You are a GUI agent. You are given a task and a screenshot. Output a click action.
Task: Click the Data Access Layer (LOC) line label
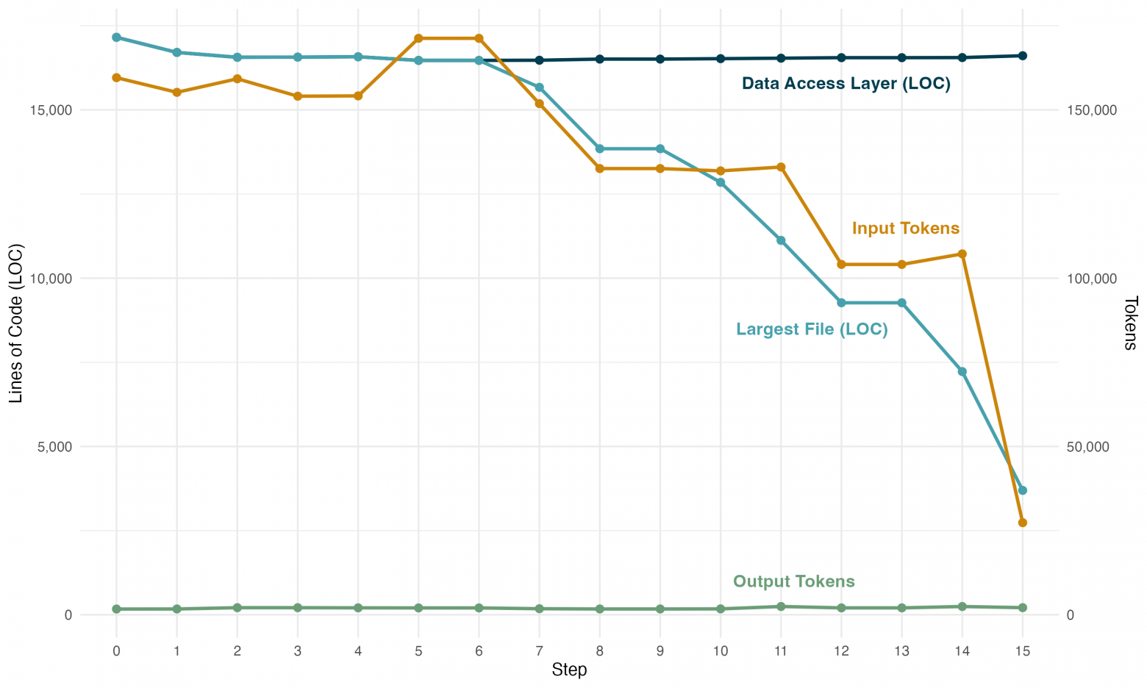point(846,84)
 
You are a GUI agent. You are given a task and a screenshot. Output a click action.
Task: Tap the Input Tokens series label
point(905,228)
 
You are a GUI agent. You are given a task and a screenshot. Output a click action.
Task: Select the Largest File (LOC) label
point(812,329)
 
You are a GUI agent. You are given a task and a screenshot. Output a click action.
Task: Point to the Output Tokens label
point(793,581)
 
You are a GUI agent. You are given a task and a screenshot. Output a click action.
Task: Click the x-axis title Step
point(569,669)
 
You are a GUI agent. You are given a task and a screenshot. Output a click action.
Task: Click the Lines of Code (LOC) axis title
point(16,323)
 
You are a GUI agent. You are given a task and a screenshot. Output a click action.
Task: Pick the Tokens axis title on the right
point(1130,323)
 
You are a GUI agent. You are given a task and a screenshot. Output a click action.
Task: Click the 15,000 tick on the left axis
point(50,110)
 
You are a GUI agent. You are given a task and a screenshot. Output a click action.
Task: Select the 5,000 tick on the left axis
point(54,447)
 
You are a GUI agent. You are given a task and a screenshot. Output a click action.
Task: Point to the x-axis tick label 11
point(780,651)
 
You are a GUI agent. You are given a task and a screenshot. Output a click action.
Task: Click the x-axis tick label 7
point(539,651)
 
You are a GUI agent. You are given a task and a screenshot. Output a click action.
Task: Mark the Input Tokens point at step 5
point(418,38)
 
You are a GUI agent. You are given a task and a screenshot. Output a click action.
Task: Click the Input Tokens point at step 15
point(1022,523)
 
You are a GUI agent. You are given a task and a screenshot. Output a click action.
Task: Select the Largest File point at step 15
point(1022,490)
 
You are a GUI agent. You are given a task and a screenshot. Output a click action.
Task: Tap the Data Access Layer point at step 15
point(1022,56)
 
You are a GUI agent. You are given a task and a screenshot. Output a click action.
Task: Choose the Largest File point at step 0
point(116,37)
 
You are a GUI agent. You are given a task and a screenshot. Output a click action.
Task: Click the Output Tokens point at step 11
point(780,606)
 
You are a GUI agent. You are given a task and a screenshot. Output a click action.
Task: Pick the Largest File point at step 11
point(780,240)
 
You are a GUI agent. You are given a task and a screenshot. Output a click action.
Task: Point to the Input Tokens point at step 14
point(962,254)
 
